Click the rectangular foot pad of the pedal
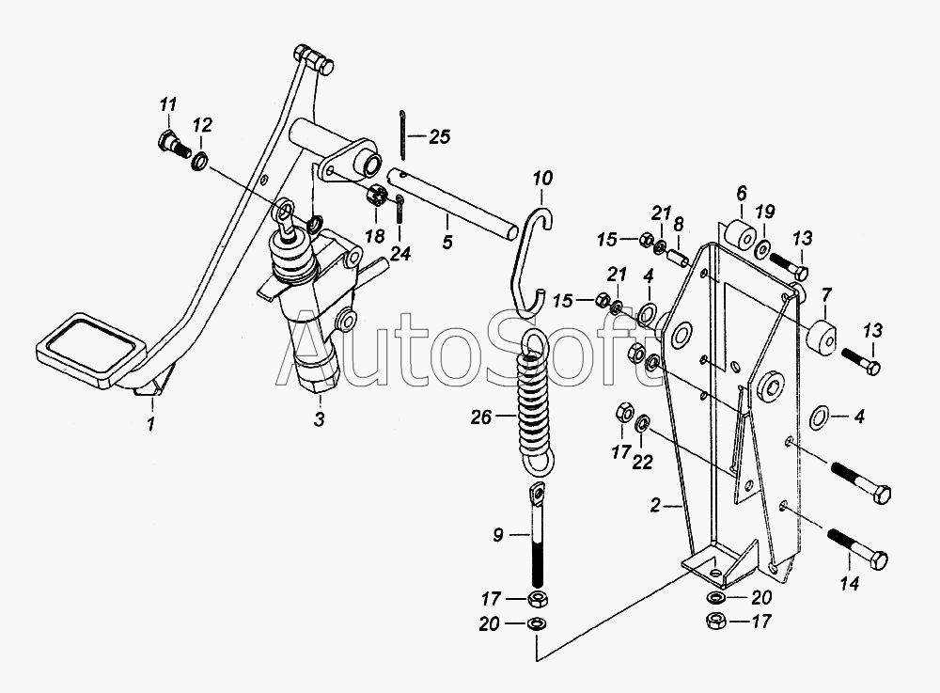click(x=90, y=348)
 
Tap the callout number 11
click(x=168, y=105)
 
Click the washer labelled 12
click(x=200, y=161)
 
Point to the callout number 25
click(x=439, y=136)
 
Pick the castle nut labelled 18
click(x=376, y=196)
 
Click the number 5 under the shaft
click(x=447, y=242)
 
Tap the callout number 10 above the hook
click(x=542, y=178)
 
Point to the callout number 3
click(x=319, y=419)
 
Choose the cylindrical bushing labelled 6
click(x=740, y=234)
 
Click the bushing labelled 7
click(x=821, y=337)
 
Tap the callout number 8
click(x=678, y=224)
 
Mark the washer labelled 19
click(x=763, y=248)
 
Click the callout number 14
click(x=850, y=583)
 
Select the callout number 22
click(x=642, y=463)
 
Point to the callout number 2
click(x=655, y=505)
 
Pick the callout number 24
click(x=400, y=254)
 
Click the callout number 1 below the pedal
click(x=150, y=424)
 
